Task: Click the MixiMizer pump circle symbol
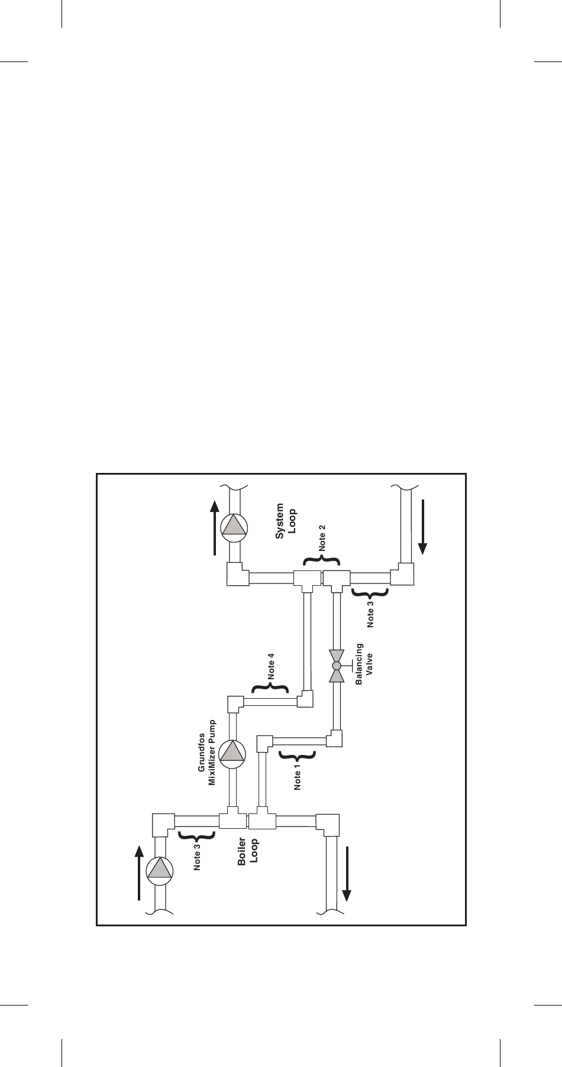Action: tap(231, 752)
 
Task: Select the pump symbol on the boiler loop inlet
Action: tap(159, 869)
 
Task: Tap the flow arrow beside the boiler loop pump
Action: tap(138, 872)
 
